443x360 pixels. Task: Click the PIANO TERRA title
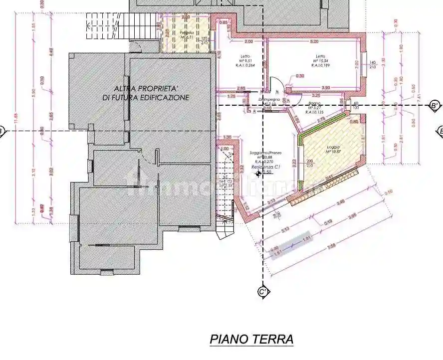(251, 340)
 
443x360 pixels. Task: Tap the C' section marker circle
(263, 292)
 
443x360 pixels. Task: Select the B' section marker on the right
(435, 105)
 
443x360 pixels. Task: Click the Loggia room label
(333, 148)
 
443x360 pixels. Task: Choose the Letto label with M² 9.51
(245, 56)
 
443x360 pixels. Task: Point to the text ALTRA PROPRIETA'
(146, 89)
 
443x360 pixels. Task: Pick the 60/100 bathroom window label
(355, 105)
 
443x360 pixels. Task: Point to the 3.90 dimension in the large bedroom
(325, 88)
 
